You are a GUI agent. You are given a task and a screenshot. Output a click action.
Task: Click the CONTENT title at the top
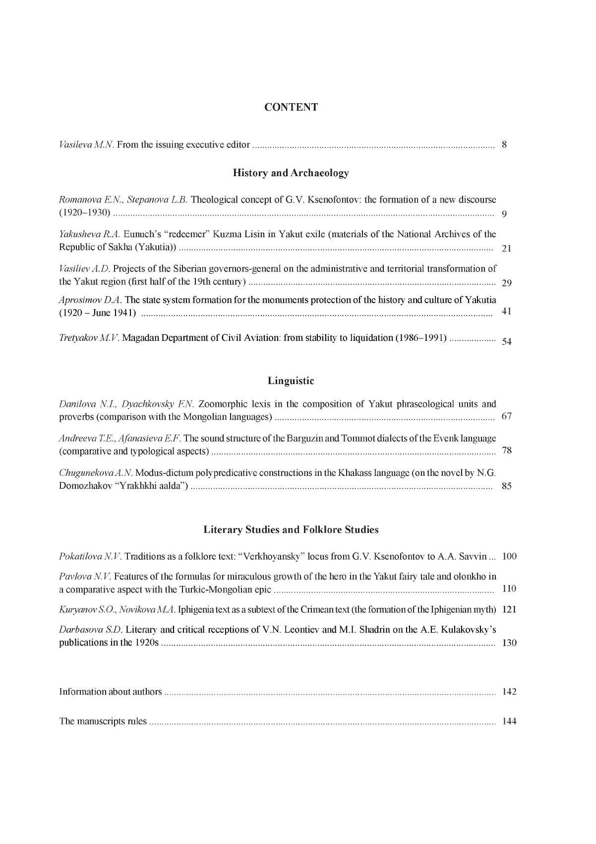click(x=291, y=107)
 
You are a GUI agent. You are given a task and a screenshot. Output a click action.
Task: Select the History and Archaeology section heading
click(x=291, y=173)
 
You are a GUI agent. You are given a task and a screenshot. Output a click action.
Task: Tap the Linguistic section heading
click(x=291, y=381)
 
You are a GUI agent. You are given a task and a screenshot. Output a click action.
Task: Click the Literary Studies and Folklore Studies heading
click(x=291, y=530)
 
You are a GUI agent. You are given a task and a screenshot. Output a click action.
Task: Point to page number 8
click(x=504, y=145)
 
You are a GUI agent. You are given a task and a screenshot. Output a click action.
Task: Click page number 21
click(x=506, y=249)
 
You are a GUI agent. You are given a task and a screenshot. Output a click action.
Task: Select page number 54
click(x=506, y=341)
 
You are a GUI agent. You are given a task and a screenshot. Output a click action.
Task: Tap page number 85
click(x=506, y=486)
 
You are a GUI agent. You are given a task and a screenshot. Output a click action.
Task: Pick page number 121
click(x=509, y=609)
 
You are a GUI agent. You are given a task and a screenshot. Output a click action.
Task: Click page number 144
click(x=509, y=721)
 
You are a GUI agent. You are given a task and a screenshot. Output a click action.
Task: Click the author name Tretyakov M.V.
click(x=89, y=338)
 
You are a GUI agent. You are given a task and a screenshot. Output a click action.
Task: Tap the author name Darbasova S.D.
click(x=91, y=630)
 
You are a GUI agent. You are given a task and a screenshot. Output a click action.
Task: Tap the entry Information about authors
click(x=111, y=692)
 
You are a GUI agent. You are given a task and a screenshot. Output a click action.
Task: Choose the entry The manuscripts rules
click(x=103, y=721)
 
